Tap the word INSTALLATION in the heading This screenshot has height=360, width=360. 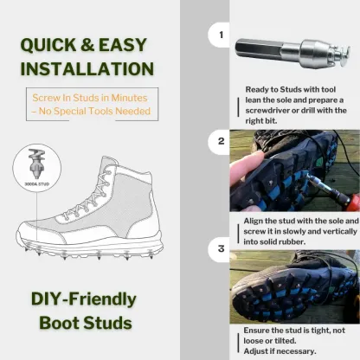pyautogui.click(x=87, y=69)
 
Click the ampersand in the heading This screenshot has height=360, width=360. pyautogui.click(x=90, y=45)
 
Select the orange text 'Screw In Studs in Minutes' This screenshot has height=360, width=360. pyautogui.click(x=90, y=99)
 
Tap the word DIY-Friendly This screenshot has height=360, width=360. pyautogui.click(x=83, y=299)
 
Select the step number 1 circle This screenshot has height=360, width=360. pyautogui.click(x=220, y=35)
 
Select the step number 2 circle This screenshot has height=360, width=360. pyautogui.click(x=220, y=140)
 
